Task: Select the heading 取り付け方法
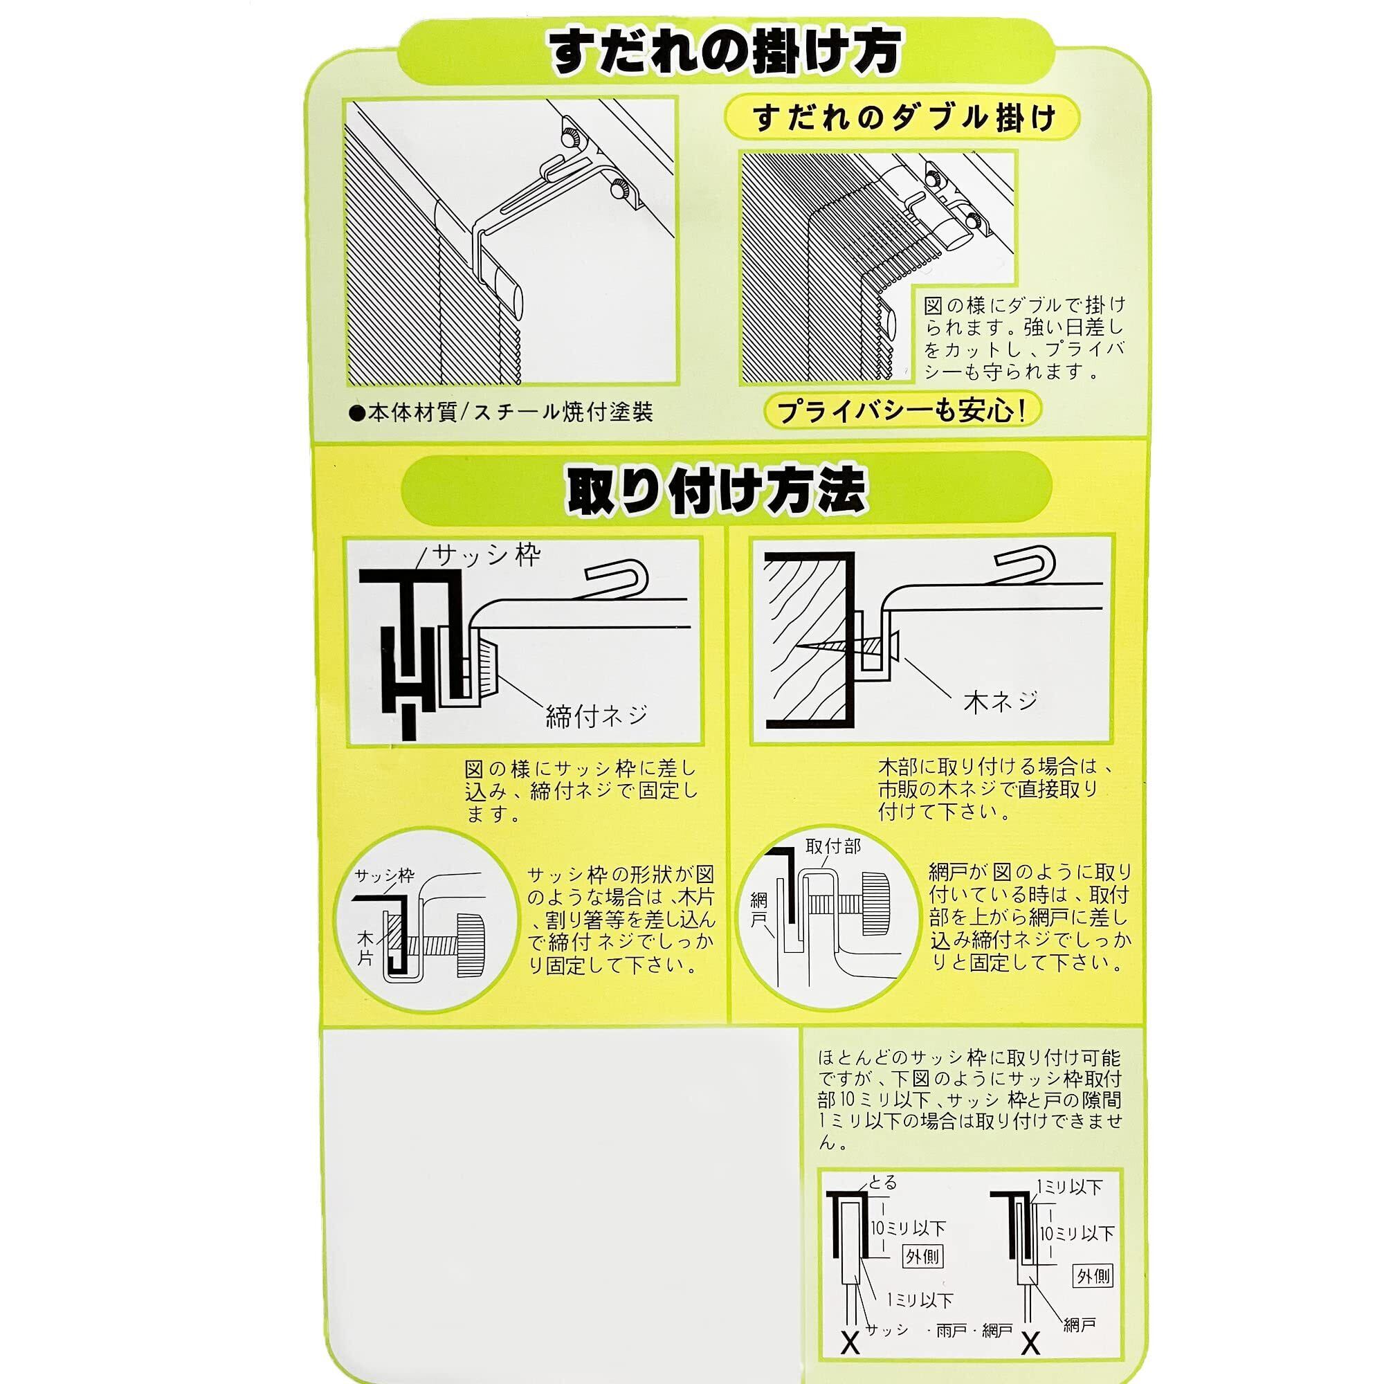pos(716,492)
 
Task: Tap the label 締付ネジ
pos(597,716)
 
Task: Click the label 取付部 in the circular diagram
pos(832,847)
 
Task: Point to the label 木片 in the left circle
pos(366,948)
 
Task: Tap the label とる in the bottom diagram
pos(882,1182)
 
